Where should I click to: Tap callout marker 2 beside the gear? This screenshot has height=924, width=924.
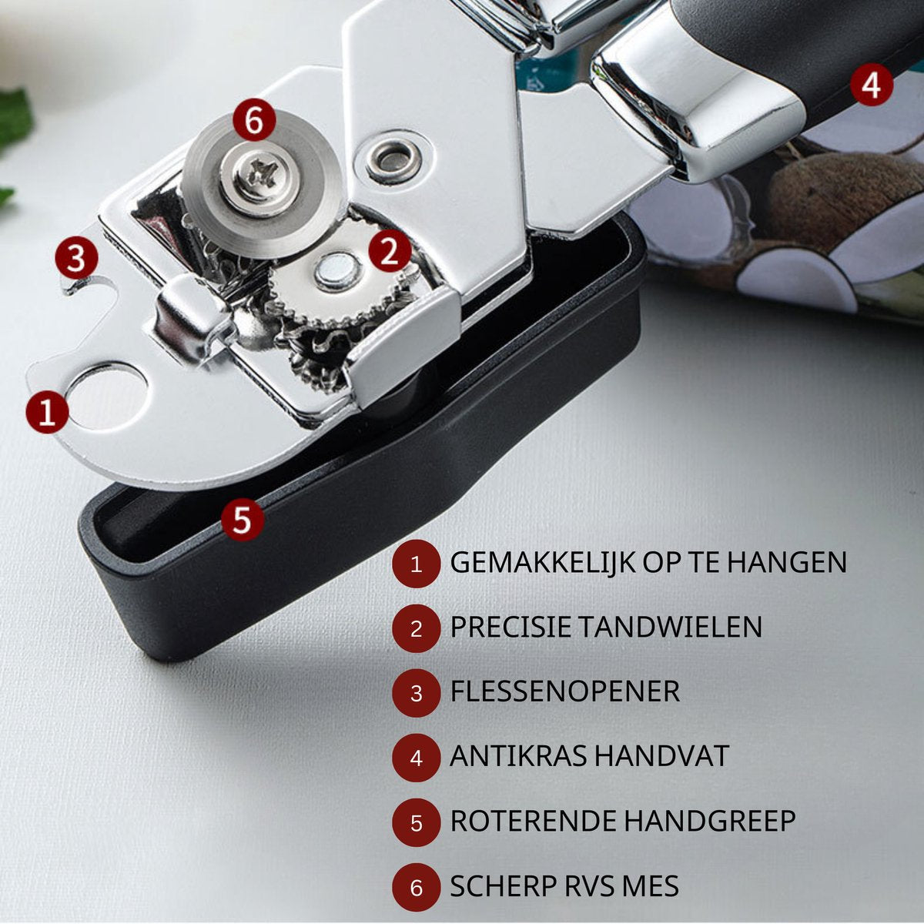pyautogui.click(x=389, y=251)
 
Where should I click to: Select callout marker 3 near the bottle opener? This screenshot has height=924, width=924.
pyautogui.click(x=76, y=258)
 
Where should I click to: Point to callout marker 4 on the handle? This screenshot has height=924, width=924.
pyautogui.click(x=872, y=85)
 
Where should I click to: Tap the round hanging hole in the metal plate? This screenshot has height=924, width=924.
pyautogui.click(x=106, y=398)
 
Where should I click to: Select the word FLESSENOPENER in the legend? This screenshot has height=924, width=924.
pyautogui.click(x=564, y=691)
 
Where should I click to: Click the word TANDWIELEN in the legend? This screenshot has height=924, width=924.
pyautogui.click(x=670, y=627)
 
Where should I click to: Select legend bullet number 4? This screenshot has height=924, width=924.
pyautogui.click(x=417, y=758)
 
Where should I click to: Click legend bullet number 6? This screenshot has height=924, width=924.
pyautogui.click(x=417, y=888)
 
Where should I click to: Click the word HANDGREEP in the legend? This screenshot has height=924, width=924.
pyautogui.click(x=708, y=821)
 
